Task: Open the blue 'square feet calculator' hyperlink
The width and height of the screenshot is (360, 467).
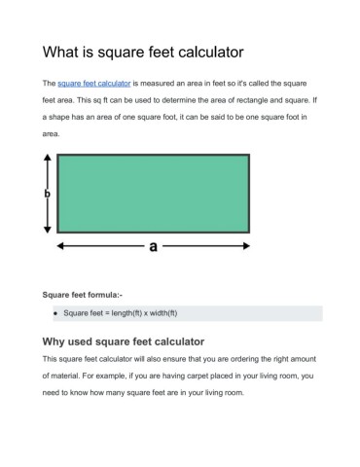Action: pyautogui.click(x=94, y=85)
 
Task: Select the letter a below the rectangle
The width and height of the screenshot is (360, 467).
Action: pyautogui.click(x=154, y=247)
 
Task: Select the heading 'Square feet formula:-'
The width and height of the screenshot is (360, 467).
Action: pyautogui.click(x=81, y=293)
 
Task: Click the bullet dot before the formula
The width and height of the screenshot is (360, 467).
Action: pyautogui.click(x=55, y=313)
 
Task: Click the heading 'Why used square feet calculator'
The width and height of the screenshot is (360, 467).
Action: pyautogui.click(x=124, y=341)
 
